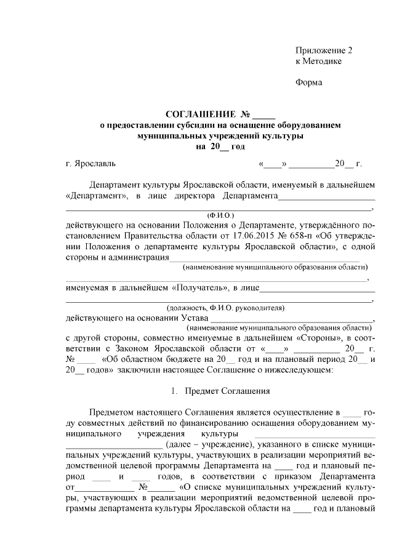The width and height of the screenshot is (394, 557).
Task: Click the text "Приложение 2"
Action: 324,50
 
